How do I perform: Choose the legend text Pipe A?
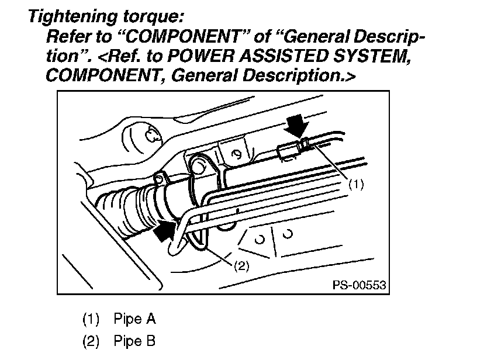point(134,319)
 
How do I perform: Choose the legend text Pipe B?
point(134,341)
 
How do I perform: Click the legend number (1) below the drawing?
point(91,319)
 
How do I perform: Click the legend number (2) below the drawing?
point(91,341)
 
